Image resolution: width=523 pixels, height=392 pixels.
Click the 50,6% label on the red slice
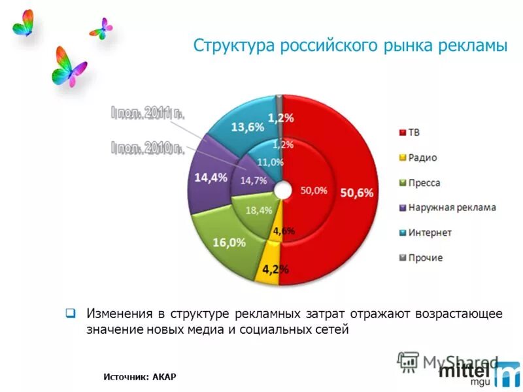(357, 193)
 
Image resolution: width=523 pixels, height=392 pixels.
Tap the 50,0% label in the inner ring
(313, 191)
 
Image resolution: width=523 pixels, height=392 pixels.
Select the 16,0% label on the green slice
(229, 242)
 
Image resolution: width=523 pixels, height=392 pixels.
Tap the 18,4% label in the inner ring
(259, 210)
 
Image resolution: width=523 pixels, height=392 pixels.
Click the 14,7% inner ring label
(254, 181)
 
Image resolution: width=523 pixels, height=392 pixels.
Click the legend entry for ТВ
(414, 133)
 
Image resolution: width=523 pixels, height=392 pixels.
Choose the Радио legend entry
(422, 157)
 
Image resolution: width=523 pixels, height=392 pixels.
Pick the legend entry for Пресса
(424, 183)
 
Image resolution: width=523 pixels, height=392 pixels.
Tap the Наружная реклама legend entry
(452, 208)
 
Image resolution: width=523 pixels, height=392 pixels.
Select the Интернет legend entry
(430, 233)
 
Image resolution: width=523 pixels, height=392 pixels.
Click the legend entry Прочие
(426, 257)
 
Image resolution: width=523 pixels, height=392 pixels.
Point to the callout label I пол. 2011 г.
(148, 112)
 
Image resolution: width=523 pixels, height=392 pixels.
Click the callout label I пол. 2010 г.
(147, 148)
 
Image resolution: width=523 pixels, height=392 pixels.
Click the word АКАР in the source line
(165, 376)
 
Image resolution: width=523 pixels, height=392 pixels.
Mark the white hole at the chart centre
(282, 190)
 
